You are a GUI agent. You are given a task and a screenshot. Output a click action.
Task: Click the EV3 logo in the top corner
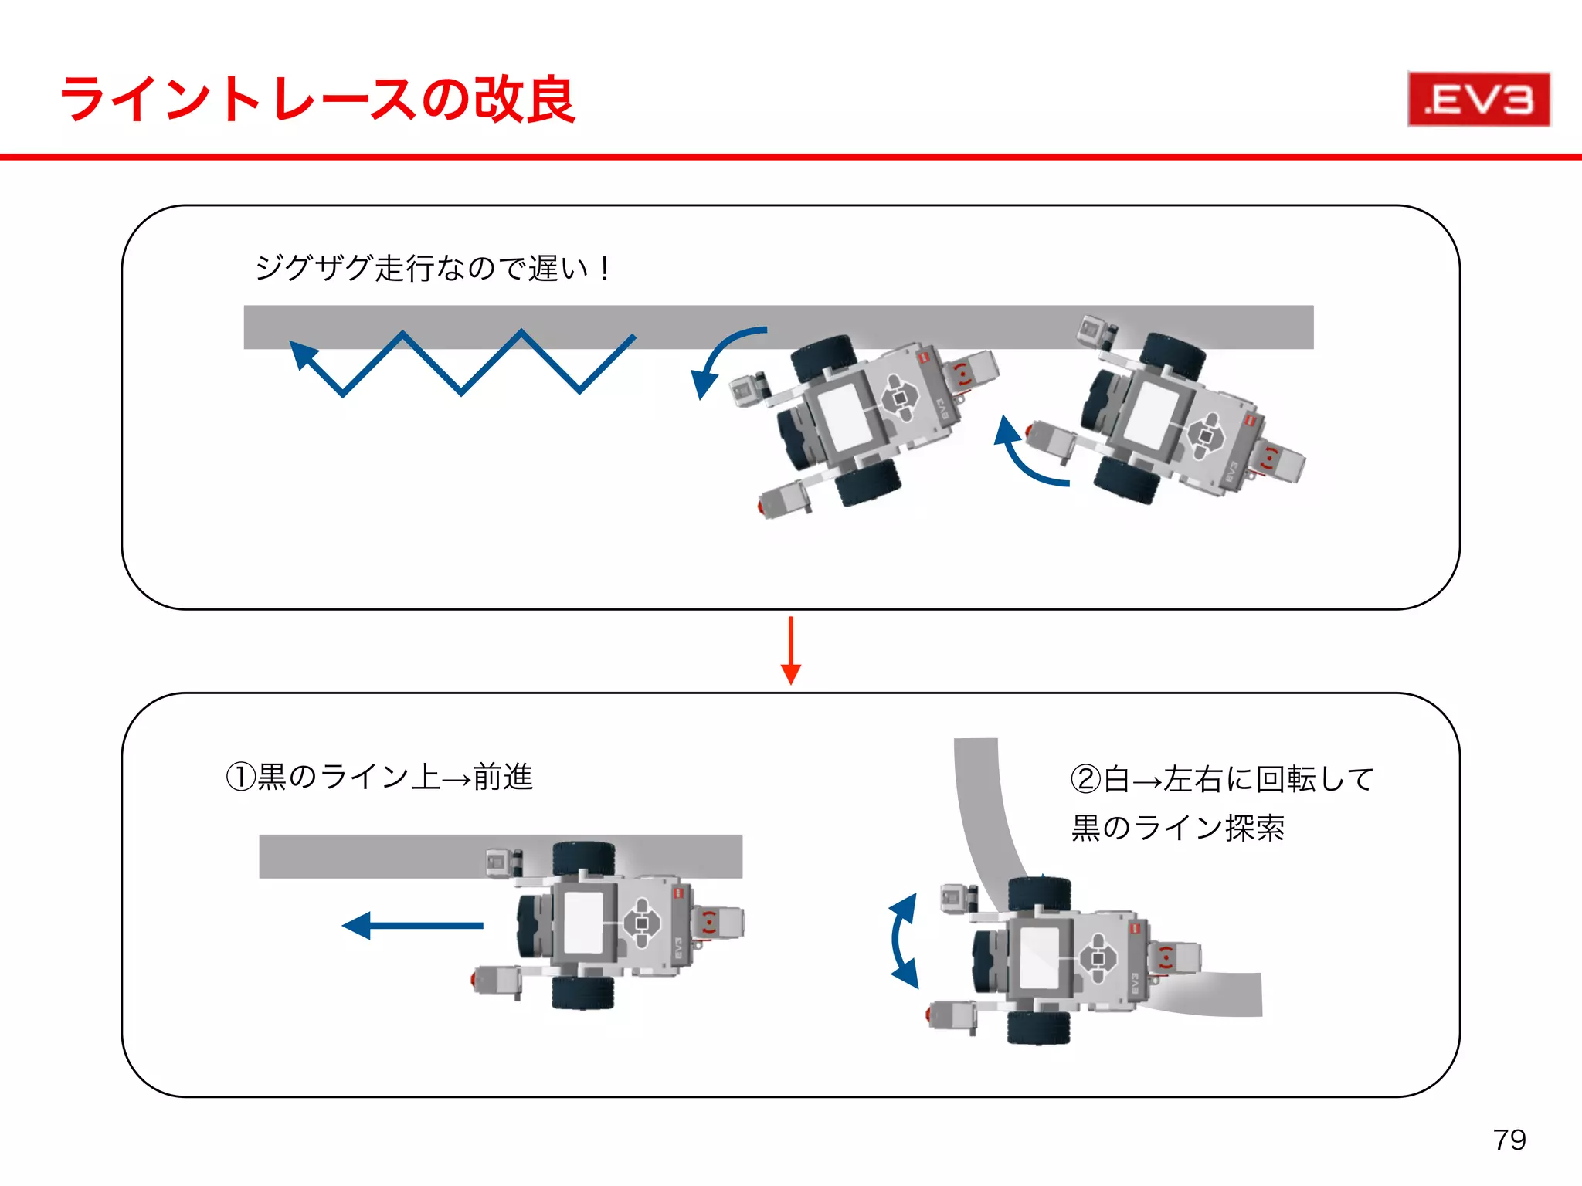point(1478,100)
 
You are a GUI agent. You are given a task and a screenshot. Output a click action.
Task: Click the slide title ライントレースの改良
point(318,100)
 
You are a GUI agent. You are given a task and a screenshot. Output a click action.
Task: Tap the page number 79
point(1509,1140)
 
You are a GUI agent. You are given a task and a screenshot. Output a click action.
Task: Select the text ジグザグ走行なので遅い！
point(433,269)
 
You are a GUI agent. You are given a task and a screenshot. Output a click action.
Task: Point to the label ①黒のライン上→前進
point(379,777)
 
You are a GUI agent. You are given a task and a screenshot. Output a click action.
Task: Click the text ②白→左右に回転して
point(1221,778)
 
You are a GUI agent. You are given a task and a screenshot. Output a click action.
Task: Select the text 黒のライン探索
point(1177,828)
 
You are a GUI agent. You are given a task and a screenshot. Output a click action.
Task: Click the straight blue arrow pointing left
point(412,925)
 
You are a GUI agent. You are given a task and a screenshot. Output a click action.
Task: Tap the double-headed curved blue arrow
point(901,940)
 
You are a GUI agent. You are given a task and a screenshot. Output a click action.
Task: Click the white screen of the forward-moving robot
point(584,923)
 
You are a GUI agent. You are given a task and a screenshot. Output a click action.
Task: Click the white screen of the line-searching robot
point(1039,957)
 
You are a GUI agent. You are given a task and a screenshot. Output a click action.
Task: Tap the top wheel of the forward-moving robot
point(583,858)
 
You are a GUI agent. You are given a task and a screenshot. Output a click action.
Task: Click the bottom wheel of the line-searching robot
point(1038,1028)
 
